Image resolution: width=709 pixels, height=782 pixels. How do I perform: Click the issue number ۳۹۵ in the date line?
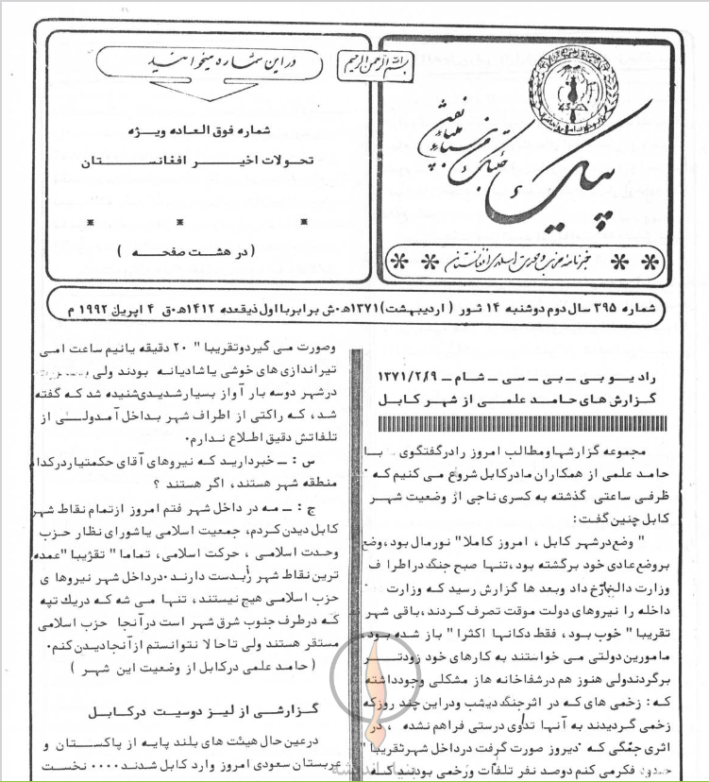pyautogui.click(x=617, y=306)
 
